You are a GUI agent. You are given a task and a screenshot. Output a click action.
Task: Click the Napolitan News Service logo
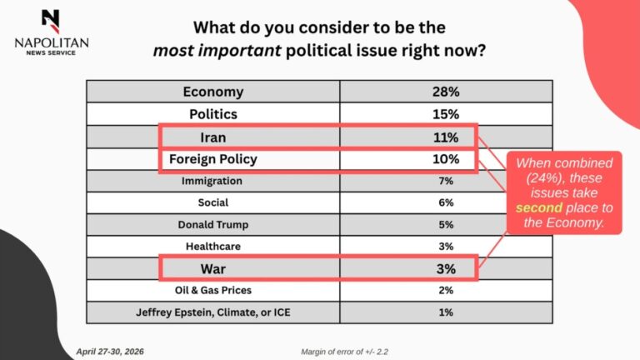click(x=52, y=32)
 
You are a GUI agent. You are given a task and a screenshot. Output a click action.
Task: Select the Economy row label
click(x=213, y=92)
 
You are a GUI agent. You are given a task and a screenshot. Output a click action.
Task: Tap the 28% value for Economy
click(x=446, y=92)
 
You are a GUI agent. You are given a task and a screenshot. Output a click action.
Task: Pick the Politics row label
click(x=213, y=114)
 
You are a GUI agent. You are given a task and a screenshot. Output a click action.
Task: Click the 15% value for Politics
click(x=446, y=114)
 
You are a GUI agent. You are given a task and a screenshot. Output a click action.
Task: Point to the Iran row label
click(x=213, y=137)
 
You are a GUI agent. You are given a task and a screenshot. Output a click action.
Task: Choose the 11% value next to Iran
click(x=446, y=137)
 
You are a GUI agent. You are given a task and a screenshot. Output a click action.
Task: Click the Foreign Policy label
click(x=213, y=159)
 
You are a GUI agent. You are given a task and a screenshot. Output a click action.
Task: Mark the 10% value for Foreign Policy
click(x=446, y=159)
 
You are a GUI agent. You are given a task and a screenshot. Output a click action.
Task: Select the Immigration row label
click(x=212, y=181)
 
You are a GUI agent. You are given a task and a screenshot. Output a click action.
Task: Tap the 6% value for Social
click(x=446, y=202)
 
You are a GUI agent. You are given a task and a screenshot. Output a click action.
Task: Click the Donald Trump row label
click(x=213, y=224)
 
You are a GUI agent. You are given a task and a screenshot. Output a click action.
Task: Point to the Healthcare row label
click(x=213, y=246)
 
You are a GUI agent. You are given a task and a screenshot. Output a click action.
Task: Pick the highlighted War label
click(x=213, y=269)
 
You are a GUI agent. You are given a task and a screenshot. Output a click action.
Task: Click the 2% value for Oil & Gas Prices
click(x=446, y=290)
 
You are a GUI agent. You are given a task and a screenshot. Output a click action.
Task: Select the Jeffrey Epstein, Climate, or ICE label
click(x=213, y=312)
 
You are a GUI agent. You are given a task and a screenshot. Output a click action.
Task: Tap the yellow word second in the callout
click(x=539, y=207)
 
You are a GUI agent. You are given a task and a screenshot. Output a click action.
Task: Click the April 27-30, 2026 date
click(x=110, y=352)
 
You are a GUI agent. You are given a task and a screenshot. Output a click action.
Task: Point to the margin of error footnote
click(x=344, y=352)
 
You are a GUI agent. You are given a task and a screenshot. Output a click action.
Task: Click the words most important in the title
click(x=217, y=51)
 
